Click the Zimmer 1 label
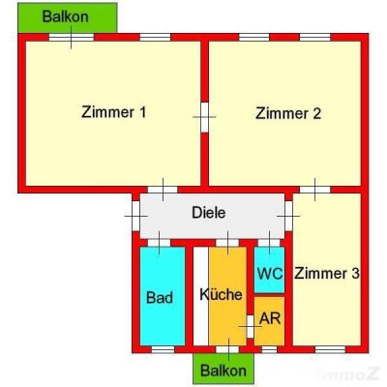point(114,112)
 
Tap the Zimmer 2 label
point(287,112)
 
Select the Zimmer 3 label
point(327,274)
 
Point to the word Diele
point(208,212)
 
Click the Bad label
point(160,297)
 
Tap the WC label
point(270,274)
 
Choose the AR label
point(270,318)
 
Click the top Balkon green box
point(67,17)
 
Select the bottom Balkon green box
point(223,369)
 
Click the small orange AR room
point(271,324)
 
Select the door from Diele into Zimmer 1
point(163,188)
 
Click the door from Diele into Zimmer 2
point(314,188)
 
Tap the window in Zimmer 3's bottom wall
point(330,348)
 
